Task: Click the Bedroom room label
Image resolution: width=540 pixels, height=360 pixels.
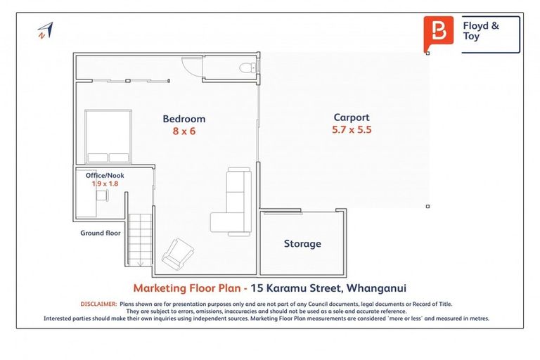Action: point(184,119)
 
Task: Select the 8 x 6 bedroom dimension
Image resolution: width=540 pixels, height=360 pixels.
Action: point(184,131)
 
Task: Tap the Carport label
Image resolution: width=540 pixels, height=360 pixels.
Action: point(351,117)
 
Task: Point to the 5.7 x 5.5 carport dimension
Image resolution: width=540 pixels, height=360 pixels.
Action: point(351,130)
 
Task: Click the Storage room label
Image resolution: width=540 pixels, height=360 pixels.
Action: point(302,244)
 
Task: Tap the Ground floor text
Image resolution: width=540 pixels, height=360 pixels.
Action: point(100,233)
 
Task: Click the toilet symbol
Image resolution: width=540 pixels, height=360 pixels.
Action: point(246,67)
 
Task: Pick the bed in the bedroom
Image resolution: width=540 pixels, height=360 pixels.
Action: point(108,136)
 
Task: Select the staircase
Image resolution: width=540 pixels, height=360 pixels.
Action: point(139,239)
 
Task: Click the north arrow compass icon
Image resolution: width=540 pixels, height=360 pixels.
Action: point(45,30)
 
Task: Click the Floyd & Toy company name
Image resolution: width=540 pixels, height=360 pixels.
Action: point(481,31)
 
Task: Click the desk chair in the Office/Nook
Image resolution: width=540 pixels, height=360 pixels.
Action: point(103,193)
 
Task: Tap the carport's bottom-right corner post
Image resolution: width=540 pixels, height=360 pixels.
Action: point(428,206)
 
